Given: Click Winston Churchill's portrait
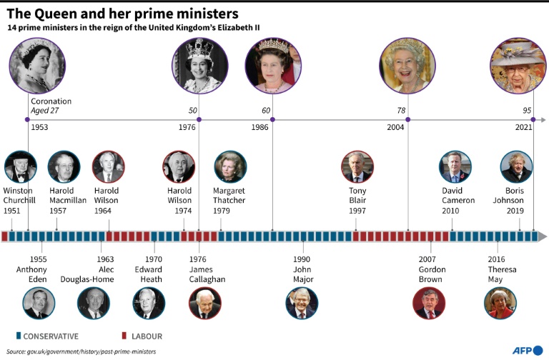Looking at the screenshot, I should pos(19,168).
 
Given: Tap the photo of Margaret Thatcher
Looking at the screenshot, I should pos(229,167).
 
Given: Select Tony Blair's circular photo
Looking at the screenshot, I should pos(357,167).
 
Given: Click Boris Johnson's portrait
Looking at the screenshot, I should pos(516,167).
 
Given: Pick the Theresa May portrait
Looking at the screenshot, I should pos(500,303).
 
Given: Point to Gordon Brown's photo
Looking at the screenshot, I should pos(429,303).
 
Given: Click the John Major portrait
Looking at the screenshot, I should pos(302,303).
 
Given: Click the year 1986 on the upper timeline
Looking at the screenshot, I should pos(261,127).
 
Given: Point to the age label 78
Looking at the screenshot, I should pos(402,111).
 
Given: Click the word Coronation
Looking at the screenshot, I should pos(51,101).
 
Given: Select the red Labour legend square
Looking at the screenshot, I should pos(124,335).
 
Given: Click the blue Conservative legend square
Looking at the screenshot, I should pos(17,335).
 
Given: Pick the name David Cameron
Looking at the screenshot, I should pos(457,196).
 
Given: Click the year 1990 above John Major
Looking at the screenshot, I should pos(302,259).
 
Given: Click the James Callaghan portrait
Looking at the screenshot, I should pos(204,303).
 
